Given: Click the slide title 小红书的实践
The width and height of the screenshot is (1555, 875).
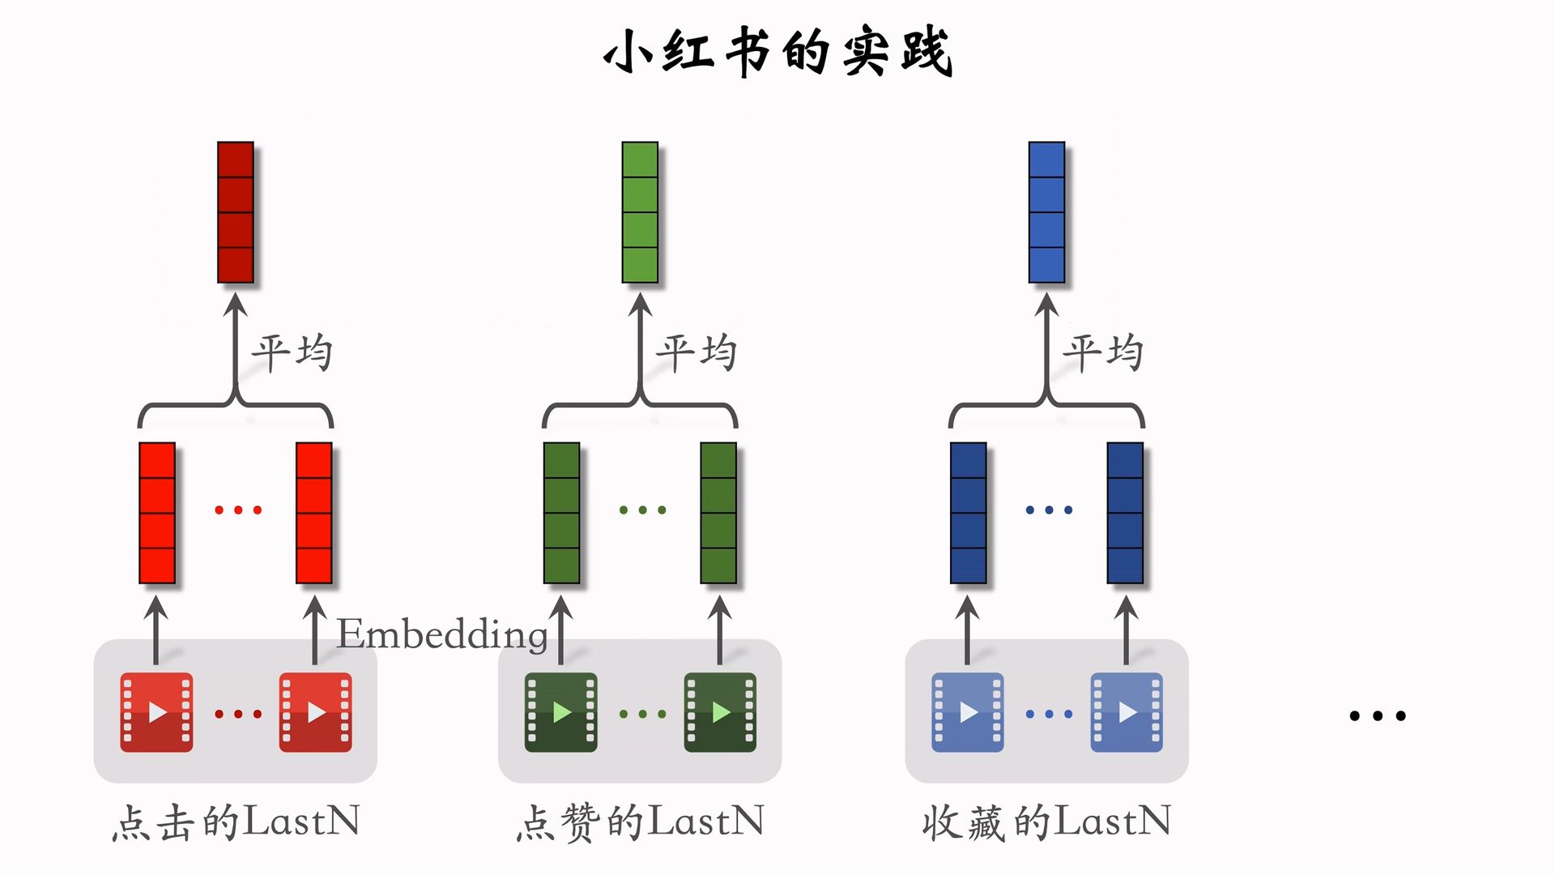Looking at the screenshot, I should point(777,52).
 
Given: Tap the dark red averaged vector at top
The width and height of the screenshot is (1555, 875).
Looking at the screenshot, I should point(236,212).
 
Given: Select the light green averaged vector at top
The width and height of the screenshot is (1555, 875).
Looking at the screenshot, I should point(640,212).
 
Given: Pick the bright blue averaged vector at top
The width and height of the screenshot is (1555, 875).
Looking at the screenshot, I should point(1046,212).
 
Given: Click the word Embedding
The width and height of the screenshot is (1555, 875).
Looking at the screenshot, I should point(442,634).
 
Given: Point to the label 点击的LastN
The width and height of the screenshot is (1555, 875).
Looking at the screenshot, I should point(236,822).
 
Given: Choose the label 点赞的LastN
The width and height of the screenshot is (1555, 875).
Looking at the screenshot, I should point(640,822).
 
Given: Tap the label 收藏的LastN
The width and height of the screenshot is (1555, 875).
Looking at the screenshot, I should point(1046,822).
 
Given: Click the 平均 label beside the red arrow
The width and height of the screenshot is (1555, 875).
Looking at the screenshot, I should point(292,353).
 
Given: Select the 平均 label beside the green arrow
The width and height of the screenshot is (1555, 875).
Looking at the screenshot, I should point(697,353).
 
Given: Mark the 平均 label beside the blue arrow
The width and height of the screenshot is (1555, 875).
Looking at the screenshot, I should point(1103,353).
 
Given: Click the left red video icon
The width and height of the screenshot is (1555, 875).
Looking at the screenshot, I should point(156,712).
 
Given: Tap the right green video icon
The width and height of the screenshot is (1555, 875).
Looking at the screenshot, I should point(720,712).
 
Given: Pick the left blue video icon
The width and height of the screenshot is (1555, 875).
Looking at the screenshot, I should point(968,712).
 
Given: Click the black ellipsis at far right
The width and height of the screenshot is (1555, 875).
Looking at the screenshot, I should point(1378,715).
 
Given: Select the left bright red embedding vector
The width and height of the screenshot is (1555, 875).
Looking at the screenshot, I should point(157,513).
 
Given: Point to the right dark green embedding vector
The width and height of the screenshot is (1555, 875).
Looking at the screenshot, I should point(718,513).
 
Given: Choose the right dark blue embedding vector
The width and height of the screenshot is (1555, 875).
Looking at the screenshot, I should point(1125,513).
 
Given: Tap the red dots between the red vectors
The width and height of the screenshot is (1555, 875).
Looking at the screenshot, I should point(238,510).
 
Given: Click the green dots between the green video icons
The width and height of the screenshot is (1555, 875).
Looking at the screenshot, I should point(642,714).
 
